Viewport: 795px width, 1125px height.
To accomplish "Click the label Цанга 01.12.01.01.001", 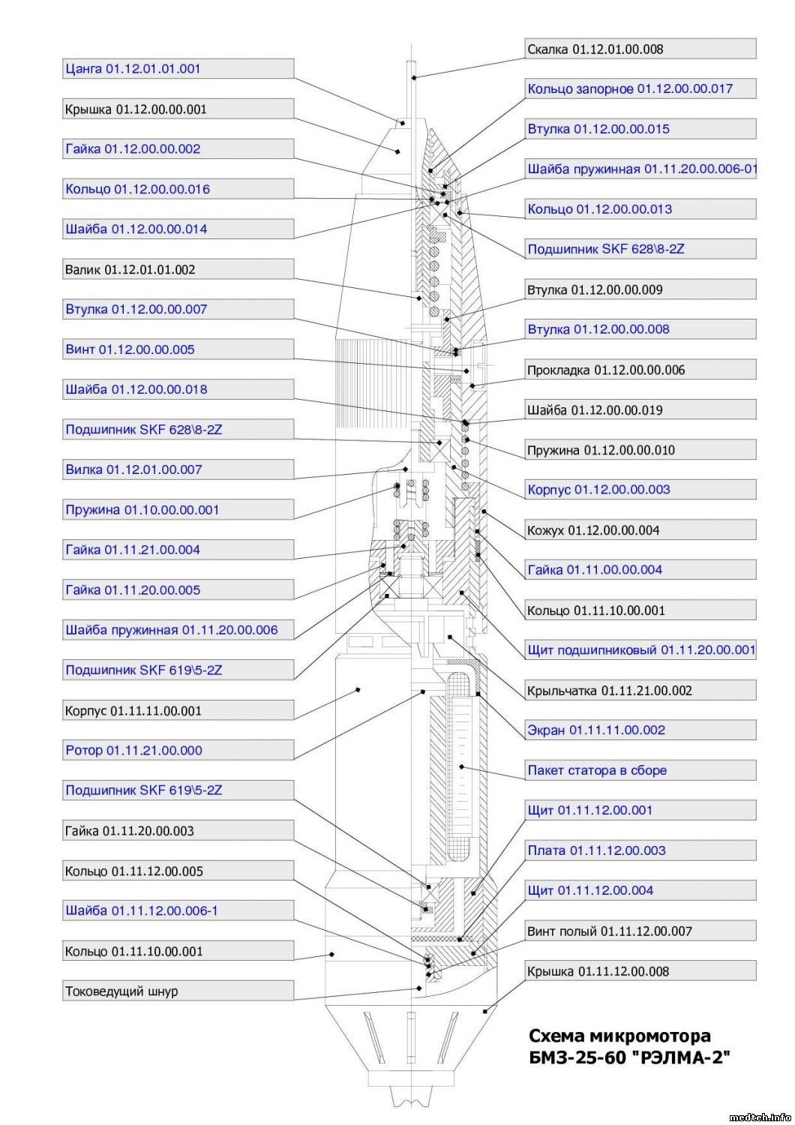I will click(x=133, y=69).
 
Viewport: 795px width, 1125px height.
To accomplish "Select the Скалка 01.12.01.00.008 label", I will click(x=595, y=49).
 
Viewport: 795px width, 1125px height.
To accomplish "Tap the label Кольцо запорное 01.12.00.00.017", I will click(x=630, y=89).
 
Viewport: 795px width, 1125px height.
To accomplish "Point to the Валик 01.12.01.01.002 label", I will click(x=130, y=269).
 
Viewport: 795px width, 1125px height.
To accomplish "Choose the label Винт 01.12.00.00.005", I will click(x=130, y=349).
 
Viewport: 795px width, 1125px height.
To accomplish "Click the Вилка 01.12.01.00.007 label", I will click(x=133, y=469).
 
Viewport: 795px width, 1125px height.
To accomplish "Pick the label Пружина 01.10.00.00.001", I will click(x=142, y=510).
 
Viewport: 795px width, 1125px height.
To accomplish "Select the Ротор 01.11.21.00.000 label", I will click(x=133, y=750).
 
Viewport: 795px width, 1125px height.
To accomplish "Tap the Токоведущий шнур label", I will click(x=121, y=991).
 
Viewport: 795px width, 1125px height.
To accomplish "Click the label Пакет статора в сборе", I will click(x=597, y=770).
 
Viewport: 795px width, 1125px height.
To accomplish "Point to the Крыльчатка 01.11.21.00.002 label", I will click(x=609, y=690).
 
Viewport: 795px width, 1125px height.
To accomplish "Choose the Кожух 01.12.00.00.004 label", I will click(x=593, y=530).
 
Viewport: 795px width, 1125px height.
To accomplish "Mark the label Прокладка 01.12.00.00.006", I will click(x=606, y=370).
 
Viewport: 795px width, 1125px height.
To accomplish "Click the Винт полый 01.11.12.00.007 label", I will click(x=609, y=931).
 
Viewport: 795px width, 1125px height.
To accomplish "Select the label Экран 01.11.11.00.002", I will click(x=596, y=730).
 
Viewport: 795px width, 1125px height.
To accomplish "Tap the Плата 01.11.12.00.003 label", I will click(x=596, y=850).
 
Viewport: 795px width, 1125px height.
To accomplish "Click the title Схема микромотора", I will click(x=619, y=1036).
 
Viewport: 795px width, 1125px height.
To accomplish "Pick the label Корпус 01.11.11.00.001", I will click(x=133, y=710).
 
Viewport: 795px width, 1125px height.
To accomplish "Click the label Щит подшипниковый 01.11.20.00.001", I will click(x=641, y=649).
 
